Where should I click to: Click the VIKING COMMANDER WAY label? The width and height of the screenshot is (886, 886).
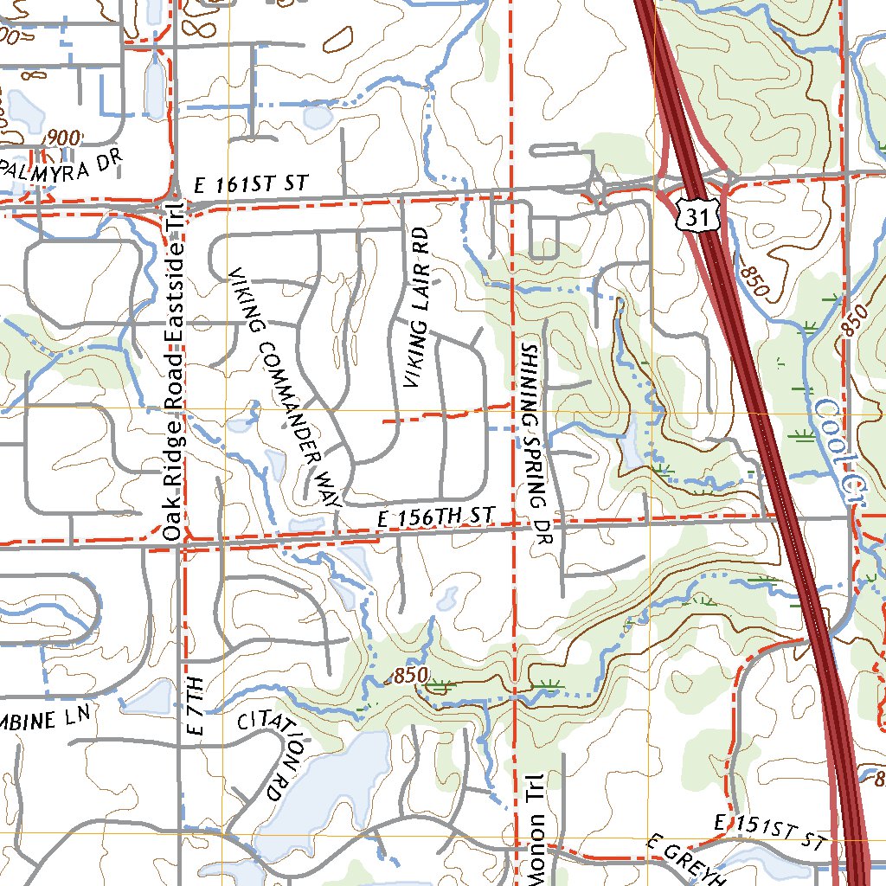click(x=286, y=387)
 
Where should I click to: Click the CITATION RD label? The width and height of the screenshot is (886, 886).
click(x=265, y=752)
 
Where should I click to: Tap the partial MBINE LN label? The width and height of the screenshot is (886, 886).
click(x=44, y=718)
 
